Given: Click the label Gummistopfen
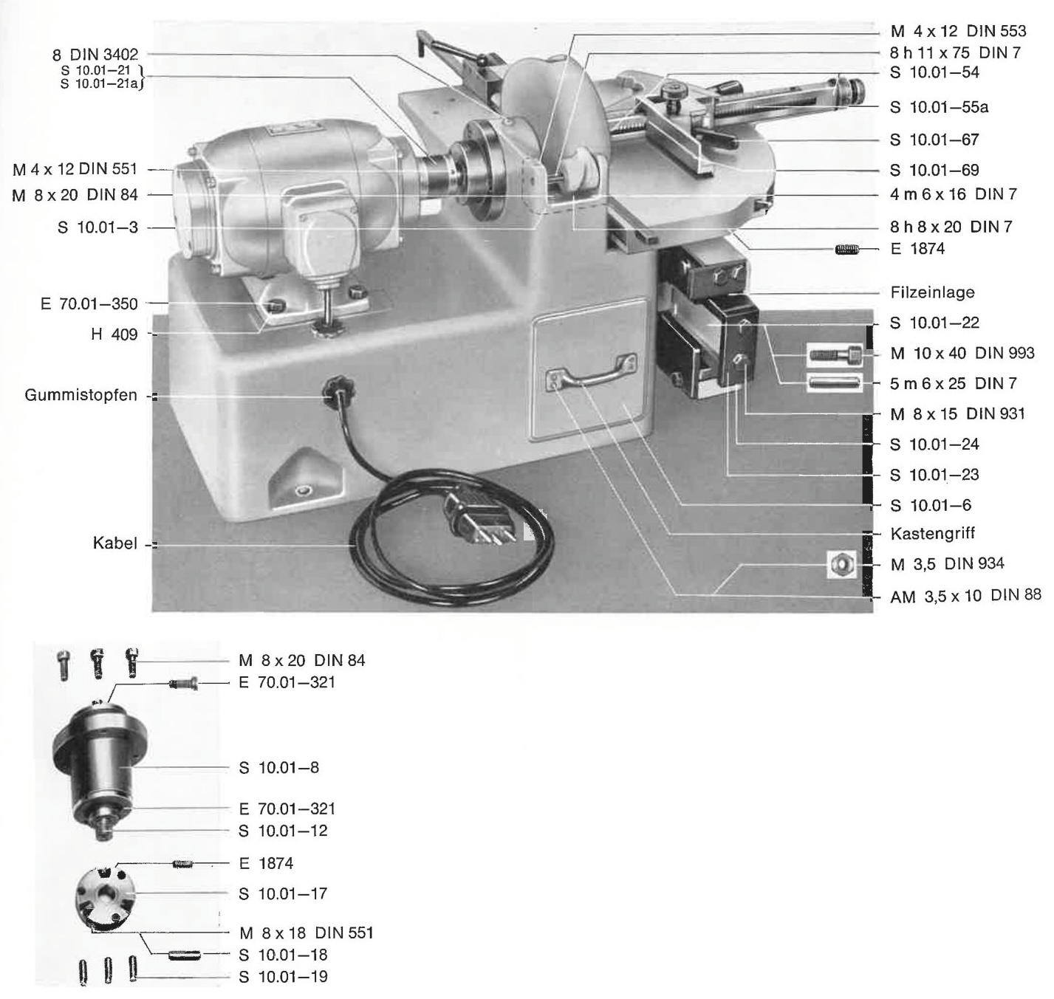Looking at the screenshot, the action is [81, 396].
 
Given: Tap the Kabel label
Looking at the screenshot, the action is [114, 543].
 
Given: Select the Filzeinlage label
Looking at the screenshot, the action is [932, 292].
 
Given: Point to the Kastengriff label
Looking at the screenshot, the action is [932, 533].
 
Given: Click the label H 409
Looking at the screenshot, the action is [114, 334].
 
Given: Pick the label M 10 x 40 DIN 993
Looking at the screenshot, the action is [962, 353].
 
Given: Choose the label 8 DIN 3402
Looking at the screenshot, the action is [95, 55].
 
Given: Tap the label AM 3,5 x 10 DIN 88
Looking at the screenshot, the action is [965, 595].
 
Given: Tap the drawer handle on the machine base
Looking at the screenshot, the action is [591, 371].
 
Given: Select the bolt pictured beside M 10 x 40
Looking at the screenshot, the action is [835, 354].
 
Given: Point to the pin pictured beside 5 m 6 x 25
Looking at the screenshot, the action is [835, 383].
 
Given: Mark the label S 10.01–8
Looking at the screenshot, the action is [278, 767].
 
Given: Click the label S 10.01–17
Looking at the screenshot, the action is [283, 893].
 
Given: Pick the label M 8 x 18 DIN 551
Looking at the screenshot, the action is [306, 933].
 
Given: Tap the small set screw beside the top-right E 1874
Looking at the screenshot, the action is [847, 250].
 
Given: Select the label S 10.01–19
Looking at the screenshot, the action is [283, 977].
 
